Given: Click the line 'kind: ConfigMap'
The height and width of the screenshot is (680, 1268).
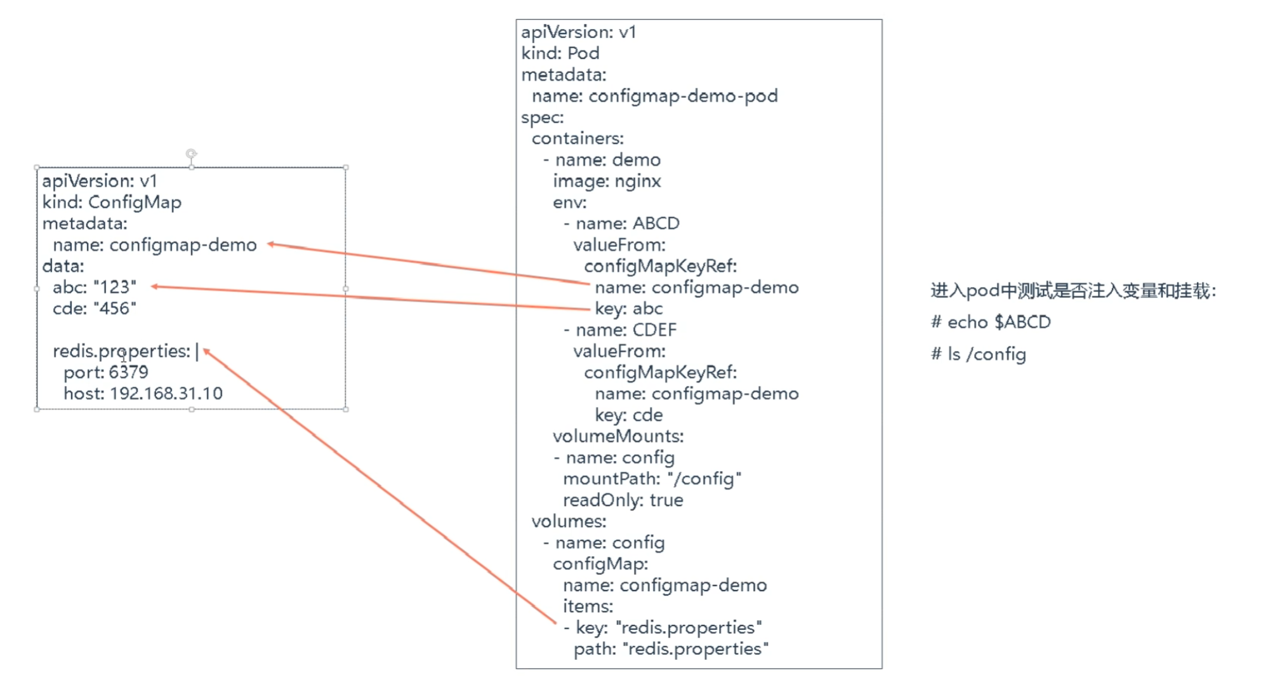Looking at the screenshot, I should tap(112, 203).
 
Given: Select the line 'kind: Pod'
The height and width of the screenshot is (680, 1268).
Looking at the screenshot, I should tap(560, 53).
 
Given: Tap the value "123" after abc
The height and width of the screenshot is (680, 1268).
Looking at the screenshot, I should tap(115, 288).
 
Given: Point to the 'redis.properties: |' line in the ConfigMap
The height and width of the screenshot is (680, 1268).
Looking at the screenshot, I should tap(125, 351).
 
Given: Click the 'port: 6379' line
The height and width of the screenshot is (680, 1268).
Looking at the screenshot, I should tap(105, 373).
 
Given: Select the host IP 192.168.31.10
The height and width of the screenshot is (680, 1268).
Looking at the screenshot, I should tap(166, 394).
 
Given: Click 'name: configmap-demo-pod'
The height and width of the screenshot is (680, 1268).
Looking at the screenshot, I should tap(654, 96).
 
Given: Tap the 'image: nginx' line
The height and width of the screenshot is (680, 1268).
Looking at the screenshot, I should tap(607, 182).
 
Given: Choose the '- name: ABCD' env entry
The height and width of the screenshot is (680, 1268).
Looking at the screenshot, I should tap(622, 223).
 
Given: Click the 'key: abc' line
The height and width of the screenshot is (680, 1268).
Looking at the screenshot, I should tap(628, 309).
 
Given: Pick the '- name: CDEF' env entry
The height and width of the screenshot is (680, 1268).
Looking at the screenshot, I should tap(621, 330).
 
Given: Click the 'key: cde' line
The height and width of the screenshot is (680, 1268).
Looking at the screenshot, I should tap(628, 415).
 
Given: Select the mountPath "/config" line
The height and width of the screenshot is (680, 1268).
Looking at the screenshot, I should tap(652, 479).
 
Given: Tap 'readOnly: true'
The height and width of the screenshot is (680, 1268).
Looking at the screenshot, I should tap(623, 500).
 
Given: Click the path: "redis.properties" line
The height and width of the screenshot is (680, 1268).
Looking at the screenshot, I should tap(671, 649).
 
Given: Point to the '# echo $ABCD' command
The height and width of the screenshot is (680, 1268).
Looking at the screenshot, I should tap(991, 323).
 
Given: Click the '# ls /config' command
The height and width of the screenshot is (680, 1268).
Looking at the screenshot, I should tap(978, 354).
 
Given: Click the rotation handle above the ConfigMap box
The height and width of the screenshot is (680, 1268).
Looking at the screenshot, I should tap(191, 154).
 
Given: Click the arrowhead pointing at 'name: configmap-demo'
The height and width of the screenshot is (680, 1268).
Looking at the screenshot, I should tap(270, 244).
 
